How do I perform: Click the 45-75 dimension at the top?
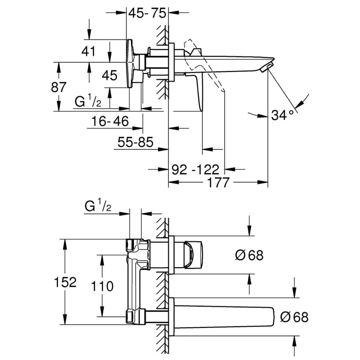click(147, 14)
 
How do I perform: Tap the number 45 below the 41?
click(109, 75)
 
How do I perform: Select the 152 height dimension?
click(65, 282)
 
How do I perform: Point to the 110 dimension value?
click(102, 286)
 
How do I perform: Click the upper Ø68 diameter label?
click(249, 255)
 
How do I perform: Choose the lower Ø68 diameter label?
click(295, 318)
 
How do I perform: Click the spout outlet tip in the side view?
click(269, 66)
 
